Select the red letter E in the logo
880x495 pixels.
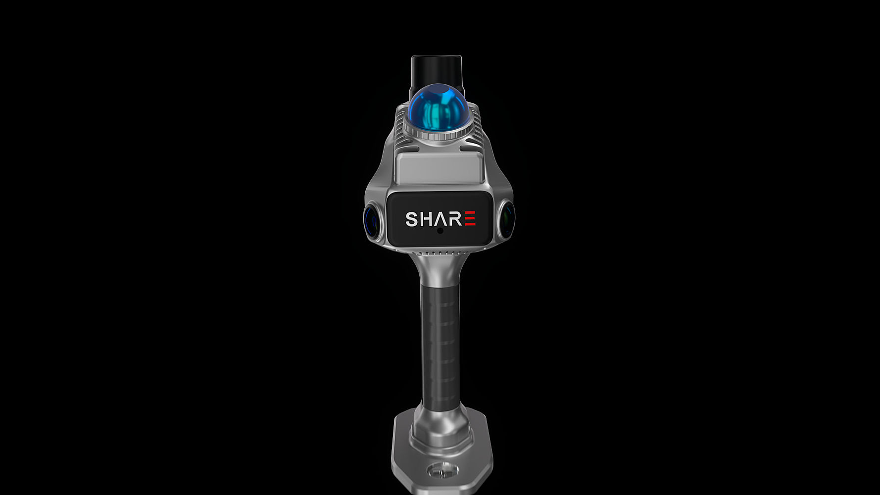470,218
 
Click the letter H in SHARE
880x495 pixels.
427,219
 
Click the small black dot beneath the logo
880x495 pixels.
440,230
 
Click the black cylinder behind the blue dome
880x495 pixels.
437,72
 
